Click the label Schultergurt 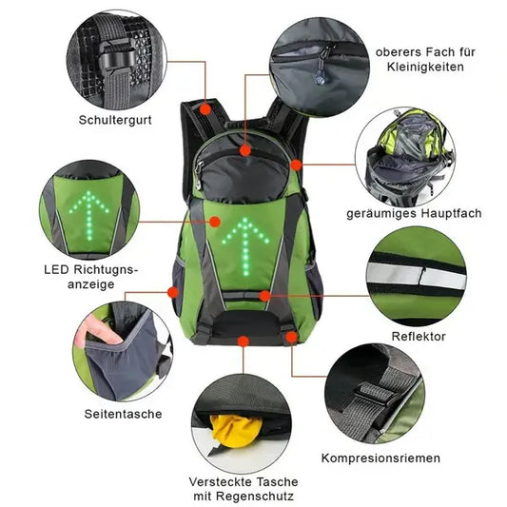[x=115, y=120]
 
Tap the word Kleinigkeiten [x=425, y=67]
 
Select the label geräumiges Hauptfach [x=414, y=213]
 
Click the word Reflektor [x=419, y=337]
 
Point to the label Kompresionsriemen [x=380, y=458]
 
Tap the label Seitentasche [x=124, y=414]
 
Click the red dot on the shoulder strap [x=205, y=109]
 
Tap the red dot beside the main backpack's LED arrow [x=215, y=222]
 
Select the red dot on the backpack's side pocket [x=173, y=292]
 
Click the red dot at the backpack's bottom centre [x=244, y=341]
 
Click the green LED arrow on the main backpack [x=245, y=246]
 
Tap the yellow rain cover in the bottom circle [x=235, y=431]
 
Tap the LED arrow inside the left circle [x=89, y=215]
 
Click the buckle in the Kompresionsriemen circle [x=375, y=394]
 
